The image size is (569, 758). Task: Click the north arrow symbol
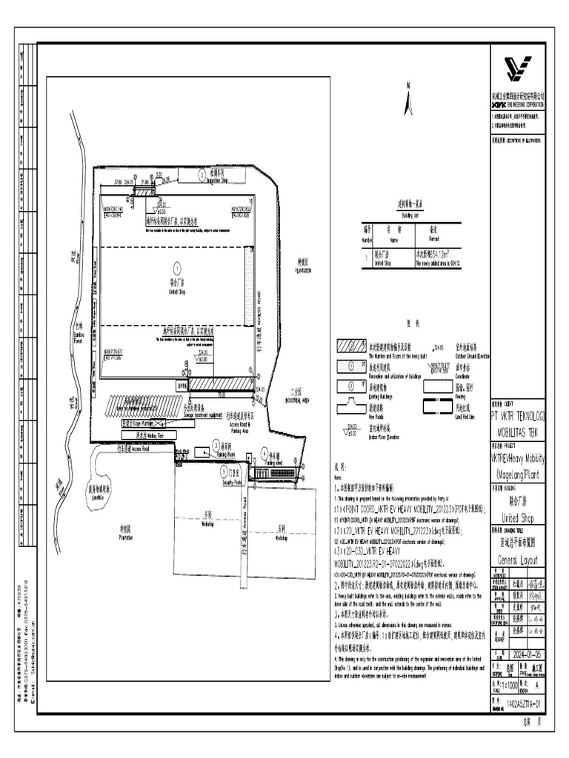coord(407,101)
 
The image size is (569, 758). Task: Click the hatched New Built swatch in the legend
coord(351,348)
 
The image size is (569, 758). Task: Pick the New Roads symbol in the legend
coord(350,405)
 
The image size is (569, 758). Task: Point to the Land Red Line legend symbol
coord(437,405)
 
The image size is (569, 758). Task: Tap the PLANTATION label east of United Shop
coord(301,269)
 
